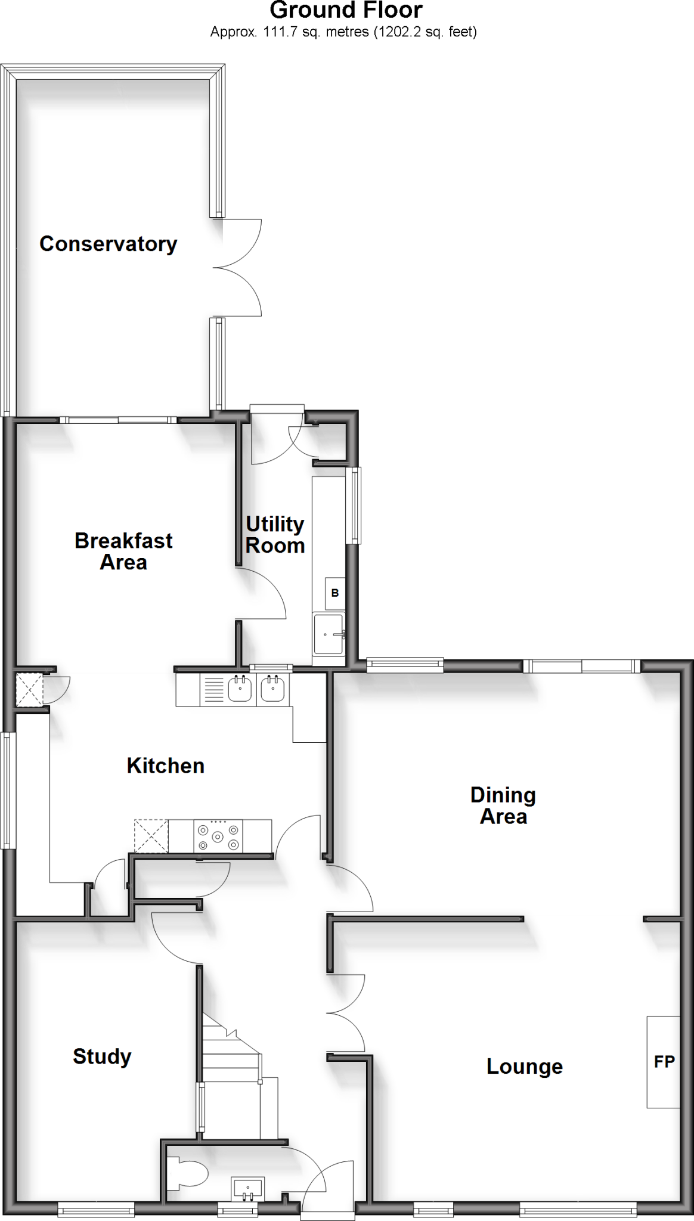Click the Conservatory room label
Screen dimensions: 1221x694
pos(108,244)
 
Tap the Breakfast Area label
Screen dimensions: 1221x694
pos(123,551)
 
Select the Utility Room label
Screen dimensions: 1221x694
pos(275,535)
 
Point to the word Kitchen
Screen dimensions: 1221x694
pos(165,766)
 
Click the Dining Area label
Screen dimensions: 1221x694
pos(503,805)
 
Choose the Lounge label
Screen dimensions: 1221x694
pos(524,1067)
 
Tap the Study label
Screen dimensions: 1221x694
pos(102,1056)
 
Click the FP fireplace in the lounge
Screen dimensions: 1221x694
pos(663,1062)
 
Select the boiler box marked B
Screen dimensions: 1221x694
pos(334,593)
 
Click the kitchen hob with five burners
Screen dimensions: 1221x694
pos(218,836)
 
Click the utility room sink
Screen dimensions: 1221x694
pos(329,634)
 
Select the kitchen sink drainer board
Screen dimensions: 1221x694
pos(213,690)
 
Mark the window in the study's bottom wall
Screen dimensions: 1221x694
pos(96,1210)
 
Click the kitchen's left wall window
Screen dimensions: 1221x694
pos(7,790)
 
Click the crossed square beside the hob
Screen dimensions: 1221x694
pos(151,836)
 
